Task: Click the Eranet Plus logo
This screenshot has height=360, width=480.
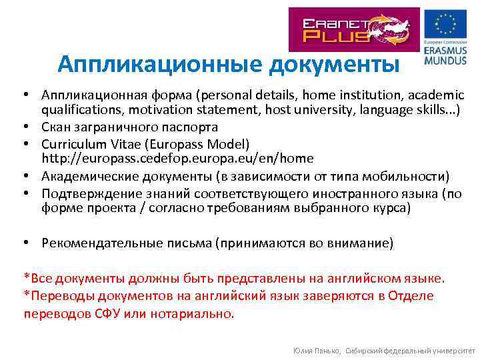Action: (353, 29)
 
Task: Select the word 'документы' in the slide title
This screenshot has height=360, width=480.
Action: (335, 64)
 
